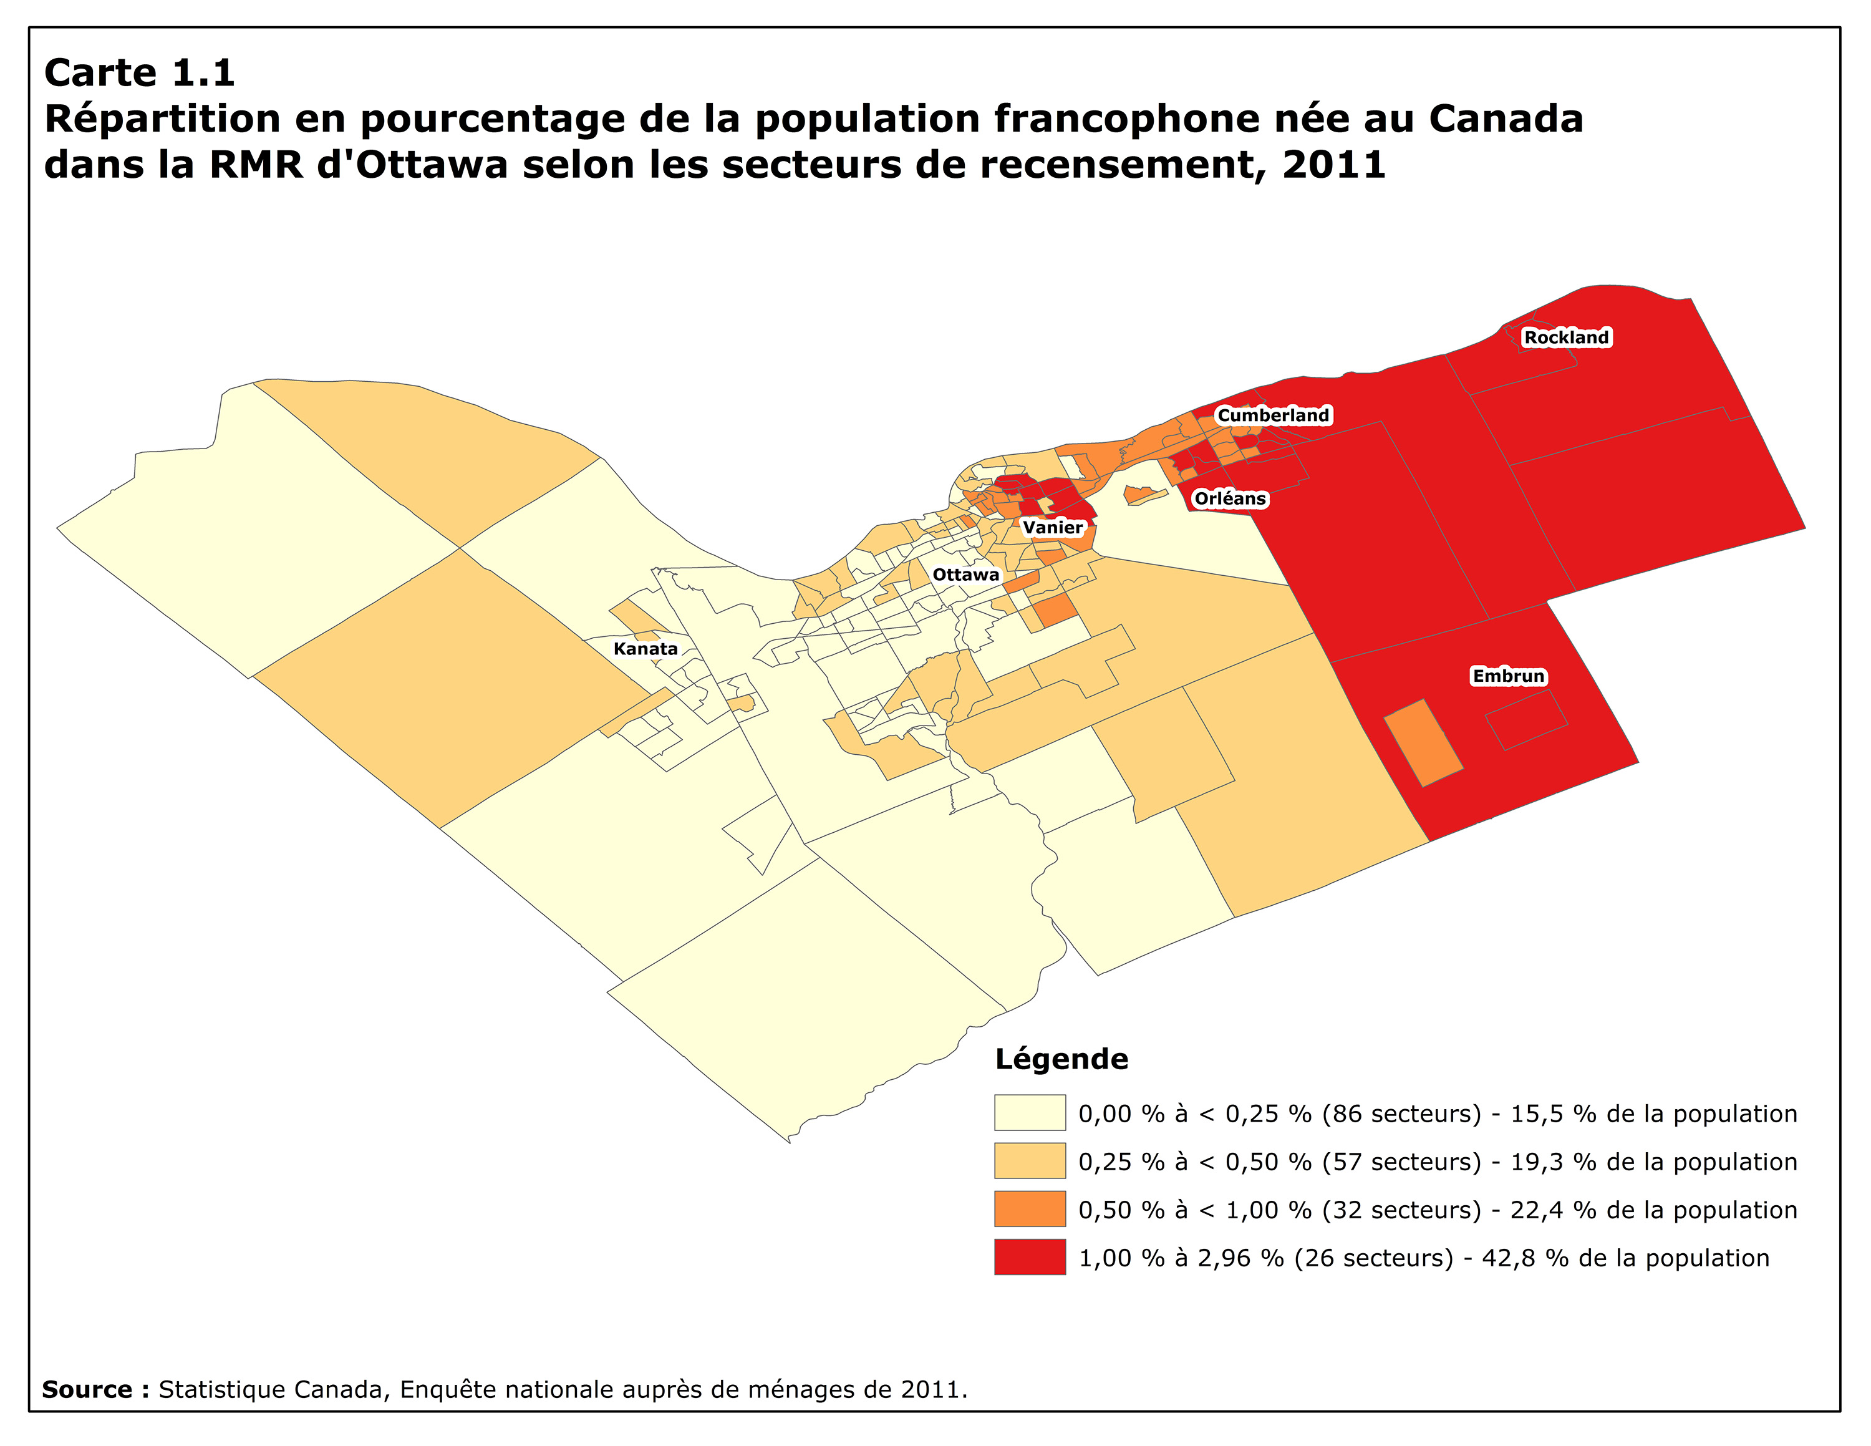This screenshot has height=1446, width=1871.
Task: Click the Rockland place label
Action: coord(1566,337)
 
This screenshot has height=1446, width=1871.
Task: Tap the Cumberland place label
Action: coord(1273,415)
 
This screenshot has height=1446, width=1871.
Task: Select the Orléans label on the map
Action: coord(1229,498)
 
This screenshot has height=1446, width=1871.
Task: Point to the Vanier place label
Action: coord(1053,528)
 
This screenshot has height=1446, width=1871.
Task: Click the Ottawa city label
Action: coord(965,575)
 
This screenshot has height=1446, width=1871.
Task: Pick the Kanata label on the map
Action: coord(645,649)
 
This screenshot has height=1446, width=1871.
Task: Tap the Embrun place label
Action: coord(1509,676)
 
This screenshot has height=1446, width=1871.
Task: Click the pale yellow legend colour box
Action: coord(1030,1113)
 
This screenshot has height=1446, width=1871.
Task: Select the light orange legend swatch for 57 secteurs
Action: coord(1030,1161)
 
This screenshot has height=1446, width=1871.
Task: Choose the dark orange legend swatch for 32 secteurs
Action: coord(1030,1209)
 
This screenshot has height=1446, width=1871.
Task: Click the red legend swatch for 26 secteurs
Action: coord(1030,1257)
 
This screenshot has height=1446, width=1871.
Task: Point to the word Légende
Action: coord(1061,1059)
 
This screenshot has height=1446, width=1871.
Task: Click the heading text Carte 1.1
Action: coord(140,73)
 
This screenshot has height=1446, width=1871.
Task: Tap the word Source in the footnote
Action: coord(87,1389)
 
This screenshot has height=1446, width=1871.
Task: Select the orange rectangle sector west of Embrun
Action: coord(1423,743)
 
